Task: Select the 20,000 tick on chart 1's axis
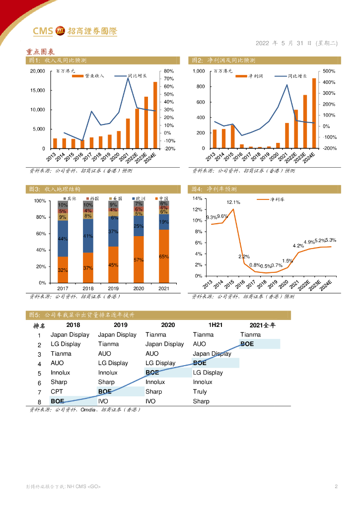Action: tap(37, 71)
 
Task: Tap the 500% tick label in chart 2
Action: tap(330, 71)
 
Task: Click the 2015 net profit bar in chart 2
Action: tap(232, 136)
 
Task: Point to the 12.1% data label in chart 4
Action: tap(233, 202)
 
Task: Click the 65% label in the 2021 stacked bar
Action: tap(164, 256)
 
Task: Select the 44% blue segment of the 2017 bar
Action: tap(63, 239)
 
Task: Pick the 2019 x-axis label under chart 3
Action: tap(113, 289)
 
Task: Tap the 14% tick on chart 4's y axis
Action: tap(197, 198)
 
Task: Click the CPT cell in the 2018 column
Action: tap(57, 392)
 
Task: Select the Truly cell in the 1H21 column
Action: tap(200, 392)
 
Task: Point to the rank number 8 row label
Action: tap(39, 401)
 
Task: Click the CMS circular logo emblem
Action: tap(61, 31)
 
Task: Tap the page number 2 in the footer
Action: tap(336, 487)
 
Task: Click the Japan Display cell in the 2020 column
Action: tap(164, 344)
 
